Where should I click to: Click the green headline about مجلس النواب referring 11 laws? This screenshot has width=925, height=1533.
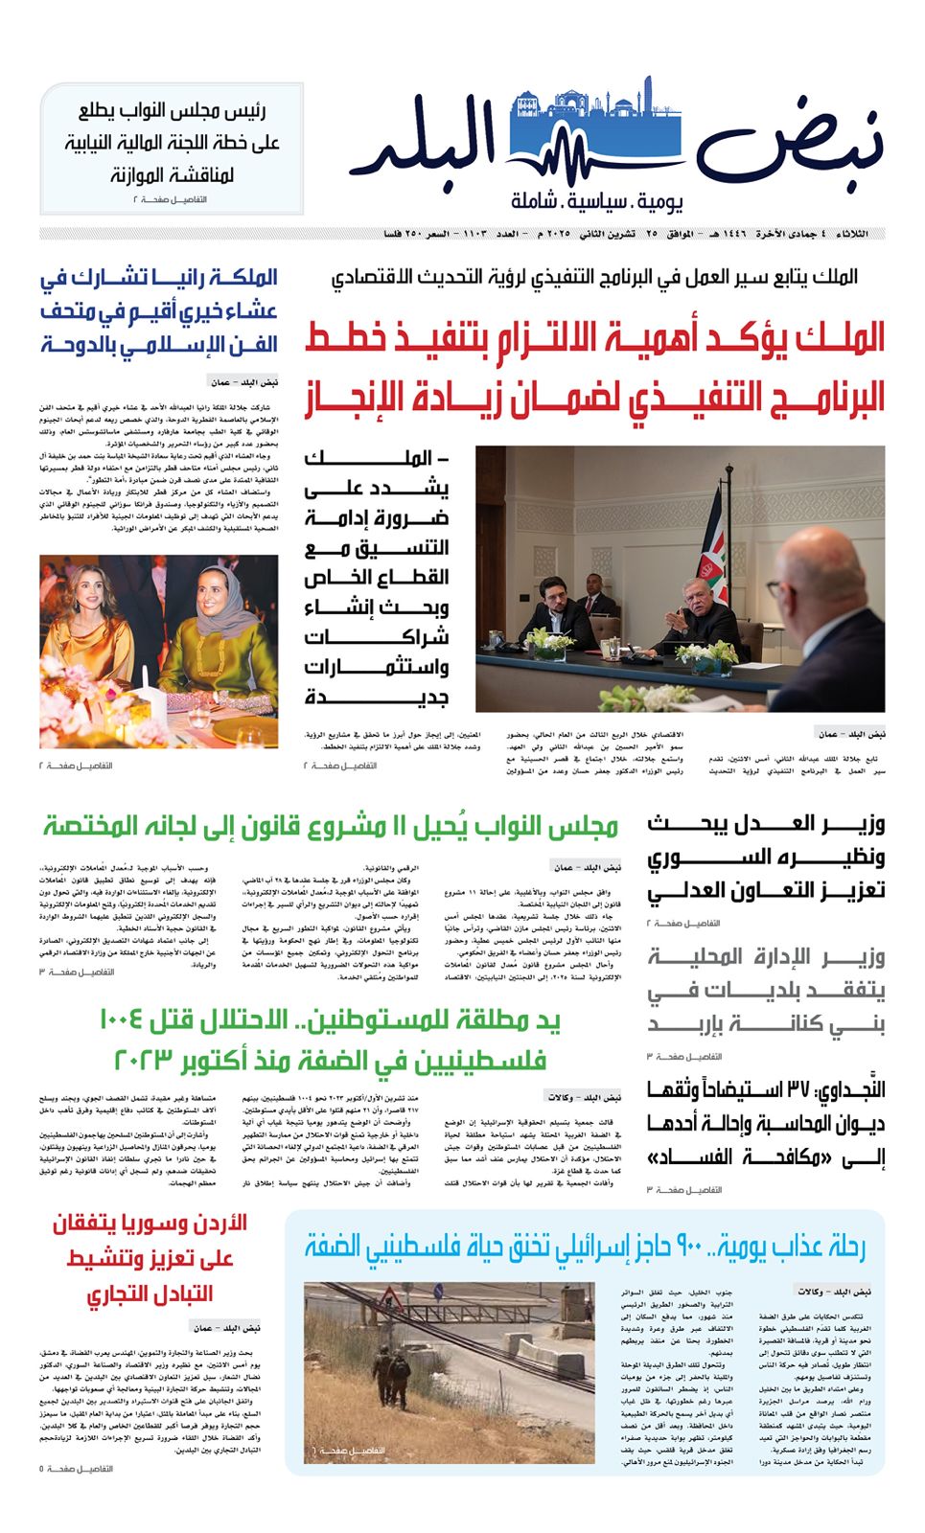pos(331,826)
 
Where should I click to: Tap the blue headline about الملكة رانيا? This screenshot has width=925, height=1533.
pos(159,310)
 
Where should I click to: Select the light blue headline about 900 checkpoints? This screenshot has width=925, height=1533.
pos(585,1247)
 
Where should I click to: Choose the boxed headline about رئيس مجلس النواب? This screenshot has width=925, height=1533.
pos(173,144)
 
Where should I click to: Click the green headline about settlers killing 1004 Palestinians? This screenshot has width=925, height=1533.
pos(331,1041)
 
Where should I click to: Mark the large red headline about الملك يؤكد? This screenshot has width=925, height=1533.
pos(594,368)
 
